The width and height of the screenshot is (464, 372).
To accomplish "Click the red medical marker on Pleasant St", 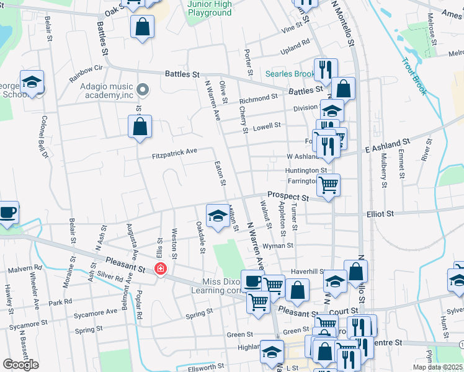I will coord(161,268).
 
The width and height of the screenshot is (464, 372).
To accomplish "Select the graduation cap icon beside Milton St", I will coord(217,215).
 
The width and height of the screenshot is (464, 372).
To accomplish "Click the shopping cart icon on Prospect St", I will coord(328,184).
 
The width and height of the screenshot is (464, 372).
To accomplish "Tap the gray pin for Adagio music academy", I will coord(143,91).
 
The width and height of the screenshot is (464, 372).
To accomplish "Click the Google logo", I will coord(20,365).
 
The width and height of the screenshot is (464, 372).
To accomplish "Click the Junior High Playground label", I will coord(209,8).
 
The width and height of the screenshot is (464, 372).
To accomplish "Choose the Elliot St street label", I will coord(380,214).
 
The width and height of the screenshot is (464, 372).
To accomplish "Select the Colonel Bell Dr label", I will coord(45,136).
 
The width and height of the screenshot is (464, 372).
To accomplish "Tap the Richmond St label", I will coord(258,99).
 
